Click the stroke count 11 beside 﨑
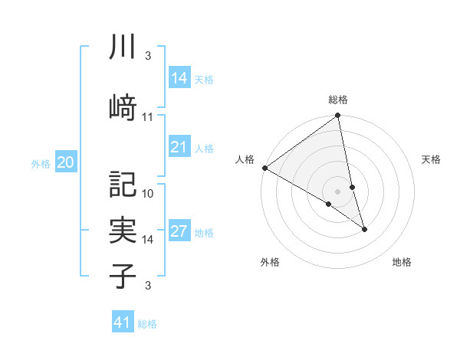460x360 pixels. point(148,116)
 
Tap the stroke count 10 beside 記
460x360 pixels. point(148,193)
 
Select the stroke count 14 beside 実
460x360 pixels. point(148,239)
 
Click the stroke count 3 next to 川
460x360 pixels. point(147,56)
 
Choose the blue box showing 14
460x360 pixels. point(179,77)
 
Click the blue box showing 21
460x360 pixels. point(179,147)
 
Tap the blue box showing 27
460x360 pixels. point(179,231)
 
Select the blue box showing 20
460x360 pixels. point(66,162)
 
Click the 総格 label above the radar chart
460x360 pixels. point(338,100)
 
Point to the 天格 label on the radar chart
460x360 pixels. point(432,159)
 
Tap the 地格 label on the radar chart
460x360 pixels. point(402,262)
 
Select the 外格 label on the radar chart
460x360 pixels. point(270,262)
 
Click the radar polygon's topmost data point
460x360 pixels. point(338,116)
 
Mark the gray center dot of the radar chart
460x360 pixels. point(337,191)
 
